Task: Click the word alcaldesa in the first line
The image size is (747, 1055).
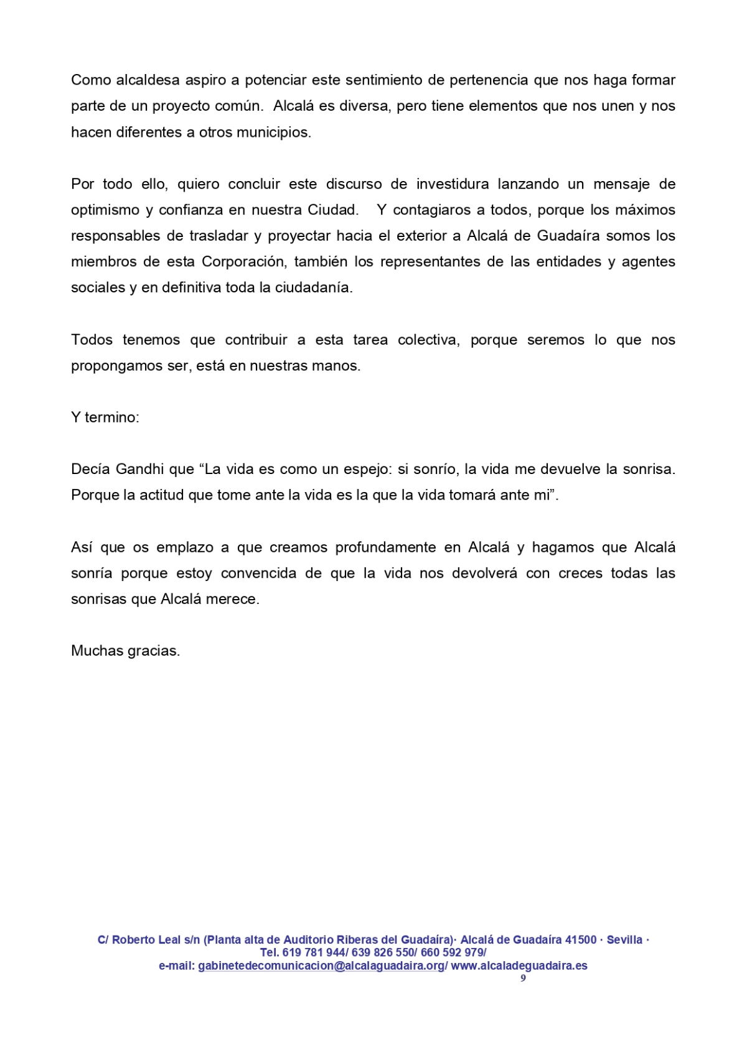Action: pos(148,80)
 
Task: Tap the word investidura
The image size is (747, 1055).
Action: pos(453,184)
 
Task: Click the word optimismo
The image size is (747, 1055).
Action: pos(105,210)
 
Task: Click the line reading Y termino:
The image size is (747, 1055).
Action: pos(105,417)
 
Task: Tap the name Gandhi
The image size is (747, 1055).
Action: pos(140,470)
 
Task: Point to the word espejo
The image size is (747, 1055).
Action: pos(369,470)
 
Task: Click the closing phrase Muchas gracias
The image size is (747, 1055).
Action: pos(125,651)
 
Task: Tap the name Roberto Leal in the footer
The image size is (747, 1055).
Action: pos(146,940)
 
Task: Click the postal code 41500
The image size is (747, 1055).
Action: pos(581,940)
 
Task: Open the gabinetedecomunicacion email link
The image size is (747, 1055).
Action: pos(321,966)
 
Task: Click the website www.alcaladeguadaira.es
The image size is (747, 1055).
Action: pos(519,966)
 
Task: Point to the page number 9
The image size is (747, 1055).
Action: pos(523,978)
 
